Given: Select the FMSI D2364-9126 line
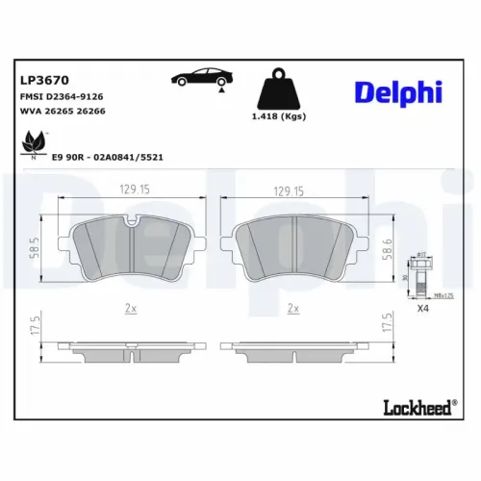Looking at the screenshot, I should click(x=63, y=97).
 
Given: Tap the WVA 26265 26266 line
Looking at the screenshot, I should click(x=62, y=112).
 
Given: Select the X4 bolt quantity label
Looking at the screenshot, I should click(x=420, y=309).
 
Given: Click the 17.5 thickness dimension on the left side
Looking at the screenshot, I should click(x=36, y=324).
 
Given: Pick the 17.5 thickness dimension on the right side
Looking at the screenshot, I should click(x=388, y=324).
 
